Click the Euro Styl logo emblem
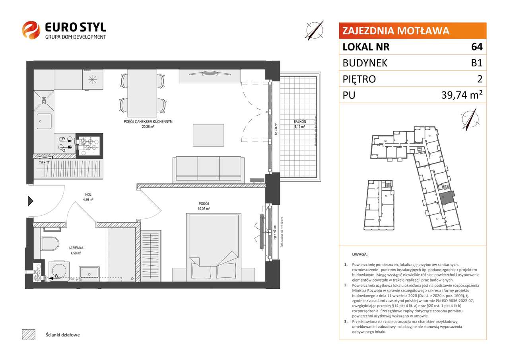click(31, 31)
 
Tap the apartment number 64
click(477, 47)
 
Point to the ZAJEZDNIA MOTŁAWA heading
click(396, 31)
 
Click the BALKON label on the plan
click(299, 122)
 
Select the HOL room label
click(87, 195)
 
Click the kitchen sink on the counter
click(44, 121)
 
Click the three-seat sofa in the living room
click(207, 169)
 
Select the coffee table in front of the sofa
click(206, 135)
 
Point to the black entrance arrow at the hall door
click(30, 201)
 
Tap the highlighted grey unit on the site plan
click(448, 197)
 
